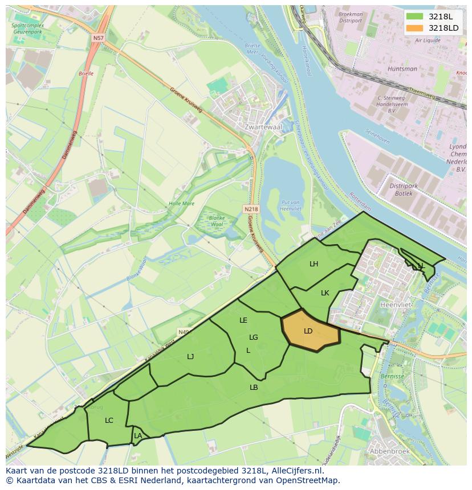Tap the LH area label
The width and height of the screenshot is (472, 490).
click(314, 263)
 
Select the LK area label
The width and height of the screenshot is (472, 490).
click(325, 293)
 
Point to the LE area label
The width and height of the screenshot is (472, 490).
click(243, 320)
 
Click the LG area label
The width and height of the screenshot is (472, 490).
click(254, 337)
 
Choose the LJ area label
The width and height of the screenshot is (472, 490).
click(190, 356)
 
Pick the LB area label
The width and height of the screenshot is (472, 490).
click(254, 387)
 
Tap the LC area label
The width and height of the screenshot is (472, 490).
click(109, 421)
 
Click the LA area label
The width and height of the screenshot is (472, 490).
click(138, 436)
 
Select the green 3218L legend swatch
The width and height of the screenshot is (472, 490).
click(414, 17)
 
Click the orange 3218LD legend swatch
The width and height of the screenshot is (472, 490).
click(414, 28)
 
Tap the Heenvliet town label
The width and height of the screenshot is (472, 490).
click(395, 304)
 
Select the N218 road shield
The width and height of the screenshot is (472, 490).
click(251, 209)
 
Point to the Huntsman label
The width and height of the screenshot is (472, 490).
click(402, 69)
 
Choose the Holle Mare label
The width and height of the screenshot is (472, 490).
click(181, 203)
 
